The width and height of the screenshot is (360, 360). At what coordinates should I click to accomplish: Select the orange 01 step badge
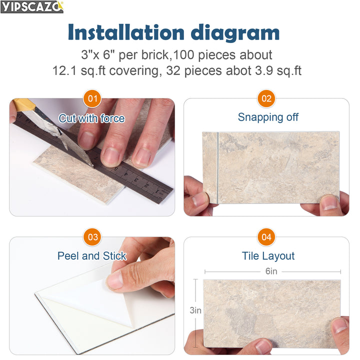tap(92, 98)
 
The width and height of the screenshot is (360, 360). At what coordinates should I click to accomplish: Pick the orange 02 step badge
tap(266, 98)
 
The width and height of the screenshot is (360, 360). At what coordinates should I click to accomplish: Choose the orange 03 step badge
tap(92, 237)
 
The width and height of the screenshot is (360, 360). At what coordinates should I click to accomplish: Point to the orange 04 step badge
tap(266, 237)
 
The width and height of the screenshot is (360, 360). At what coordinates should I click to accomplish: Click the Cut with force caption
tap(92, 118)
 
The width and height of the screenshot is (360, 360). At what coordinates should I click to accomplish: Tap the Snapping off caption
tap(268, 117)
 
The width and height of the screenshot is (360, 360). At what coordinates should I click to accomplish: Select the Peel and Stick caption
tap(92, 256)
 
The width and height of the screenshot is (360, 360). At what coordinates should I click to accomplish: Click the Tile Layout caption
tap(268, 256)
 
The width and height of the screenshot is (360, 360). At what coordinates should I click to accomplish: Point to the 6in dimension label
tap(271, 271)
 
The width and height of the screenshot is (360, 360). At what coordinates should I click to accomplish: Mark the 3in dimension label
tap(195, 310)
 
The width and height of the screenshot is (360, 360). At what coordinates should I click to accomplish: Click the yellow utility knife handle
tap(22, 105)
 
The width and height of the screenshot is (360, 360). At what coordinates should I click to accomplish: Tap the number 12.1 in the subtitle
tap(66, 70)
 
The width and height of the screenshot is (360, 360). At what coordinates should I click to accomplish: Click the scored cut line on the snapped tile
tap(218, 167)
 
